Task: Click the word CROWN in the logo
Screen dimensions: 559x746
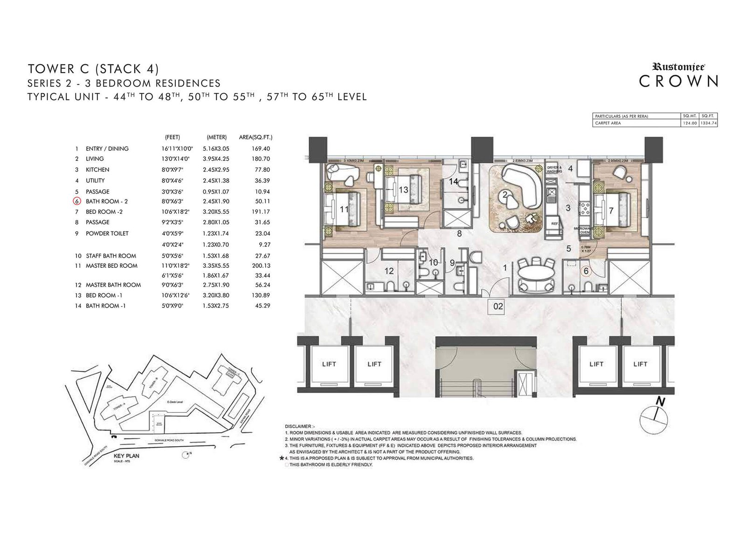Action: pos(678,81)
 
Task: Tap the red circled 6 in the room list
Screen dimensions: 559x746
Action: pos(76,201)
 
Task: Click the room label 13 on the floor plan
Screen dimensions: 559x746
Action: pos(403,190)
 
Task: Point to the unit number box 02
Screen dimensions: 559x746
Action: pos(498,306)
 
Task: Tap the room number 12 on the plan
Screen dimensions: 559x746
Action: pos(389,271)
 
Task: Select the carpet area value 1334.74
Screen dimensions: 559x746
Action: pos(709,123)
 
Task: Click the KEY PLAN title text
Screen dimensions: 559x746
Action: pos(126,456)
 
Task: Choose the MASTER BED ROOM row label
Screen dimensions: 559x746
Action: pos(111,266)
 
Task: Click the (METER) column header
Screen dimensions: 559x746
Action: pos(216,137)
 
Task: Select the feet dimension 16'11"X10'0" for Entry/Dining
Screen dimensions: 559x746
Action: pos(173,149)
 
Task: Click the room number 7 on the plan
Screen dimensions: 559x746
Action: pos(611,211)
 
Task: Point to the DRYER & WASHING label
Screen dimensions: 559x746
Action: pos(554,169)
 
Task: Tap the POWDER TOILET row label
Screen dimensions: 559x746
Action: pos(107,233)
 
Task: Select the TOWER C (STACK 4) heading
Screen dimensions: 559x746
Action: pos(93,69)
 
